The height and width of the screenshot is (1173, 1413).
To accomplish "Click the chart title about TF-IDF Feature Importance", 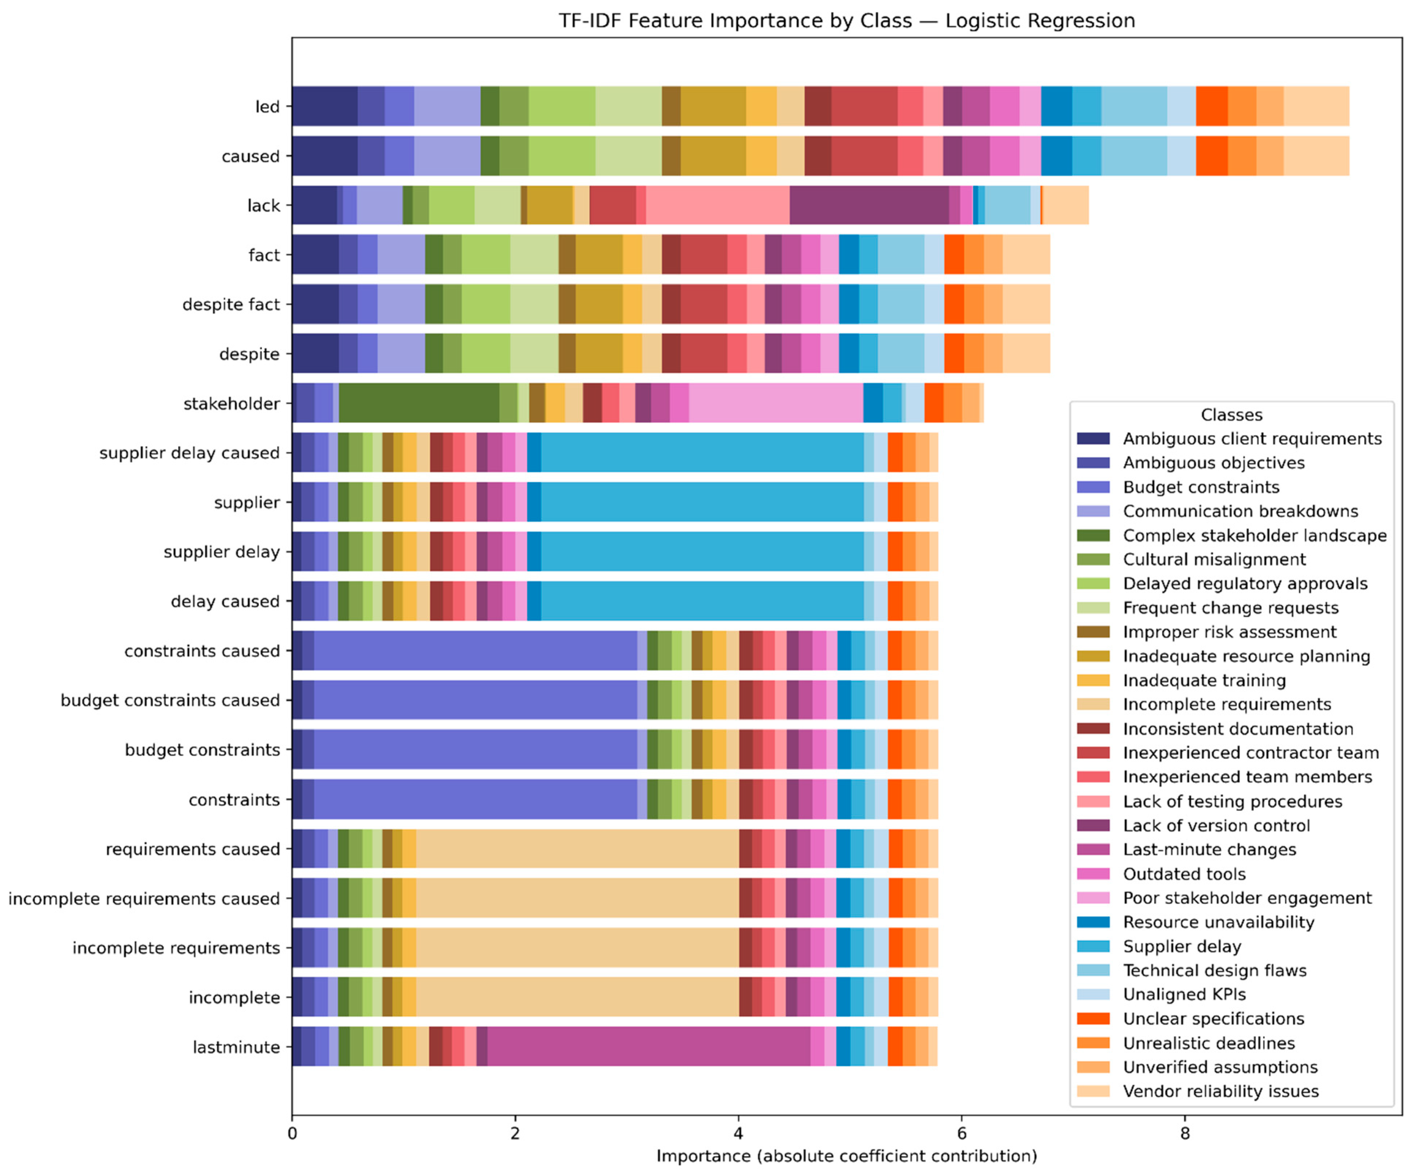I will point(846,21).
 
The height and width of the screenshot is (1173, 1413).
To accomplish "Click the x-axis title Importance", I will point(846,1156).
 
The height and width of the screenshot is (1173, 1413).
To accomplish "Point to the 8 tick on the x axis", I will point(1185,1133).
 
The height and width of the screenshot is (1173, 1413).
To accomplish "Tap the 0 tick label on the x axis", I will point(292,1133).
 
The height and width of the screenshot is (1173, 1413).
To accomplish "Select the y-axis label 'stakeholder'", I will point(232,404).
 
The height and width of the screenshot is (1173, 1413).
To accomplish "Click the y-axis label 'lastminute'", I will point(236,1047).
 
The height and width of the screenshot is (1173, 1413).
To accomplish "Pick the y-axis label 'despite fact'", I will point(231,305).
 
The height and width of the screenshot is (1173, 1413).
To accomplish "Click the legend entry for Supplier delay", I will point(1181,946).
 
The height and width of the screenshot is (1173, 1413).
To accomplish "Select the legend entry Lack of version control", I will point(1216,826).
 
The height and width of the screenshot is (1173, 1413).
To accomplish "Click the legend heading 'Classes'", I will point(1231,414).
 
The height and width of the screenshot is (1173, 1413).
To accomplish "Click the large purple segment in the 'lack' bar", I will point(869,205).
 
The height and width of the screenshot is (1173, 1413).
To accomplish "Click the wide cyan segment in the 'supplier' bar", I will point(702,502).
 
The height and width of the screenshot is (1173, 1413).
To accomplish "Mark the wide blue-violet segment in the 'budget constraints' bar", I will point(475,750).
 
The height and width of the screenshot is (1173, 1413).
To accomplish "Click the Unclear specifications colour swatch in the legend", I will point(1093,1019).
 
